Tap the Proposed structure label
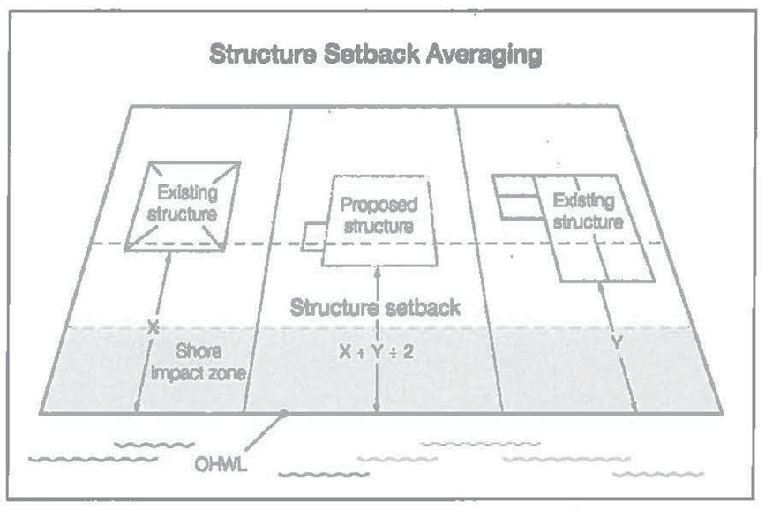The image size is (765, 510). [x=379, y=215]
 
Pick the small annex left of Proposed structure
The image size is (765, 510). [x=311, y=237]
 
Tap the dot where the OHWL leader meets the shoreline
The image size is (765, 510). [x=282, y=413]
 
